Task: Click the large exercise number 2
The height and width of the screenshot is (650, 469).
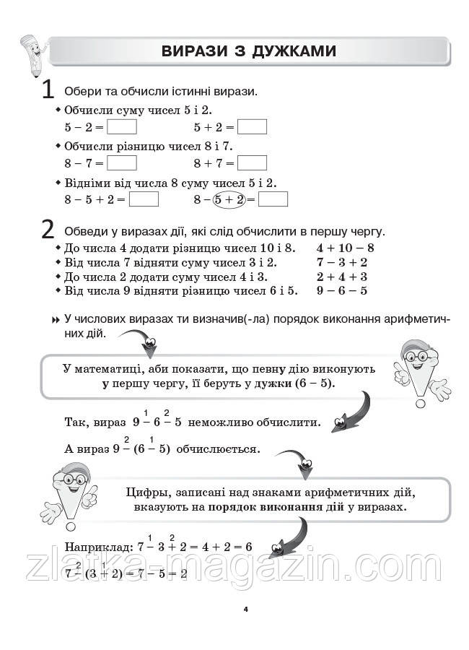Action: (48, 229)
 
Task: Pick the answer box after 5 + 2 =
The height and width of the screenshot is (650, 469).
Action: (252, 127)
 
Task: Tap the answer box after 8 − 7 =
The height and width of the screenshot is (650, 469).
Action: (121, 163)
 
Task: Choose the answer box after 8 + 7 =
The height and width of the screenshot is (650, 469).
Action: (252, 163)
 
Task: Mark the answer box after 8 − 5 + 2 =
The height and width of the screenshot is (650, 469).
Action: (144, 199)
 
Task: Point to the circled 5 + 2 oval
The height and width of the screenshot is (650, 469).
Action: (229, 199)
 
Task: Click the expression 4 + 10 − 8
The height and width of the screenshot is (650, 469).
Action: (345, 247)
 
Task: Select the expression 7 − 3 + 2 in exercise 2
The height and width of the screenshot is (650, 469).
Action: (341, 262)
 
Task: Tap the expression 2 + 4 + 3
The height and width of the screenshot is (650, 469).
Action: (341, 277)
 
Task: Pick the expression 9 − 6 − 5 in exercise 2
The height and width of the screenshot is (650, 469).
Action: (341, 291)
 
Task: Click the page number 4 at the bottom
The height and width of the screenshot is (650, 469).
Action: (245, 610)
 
